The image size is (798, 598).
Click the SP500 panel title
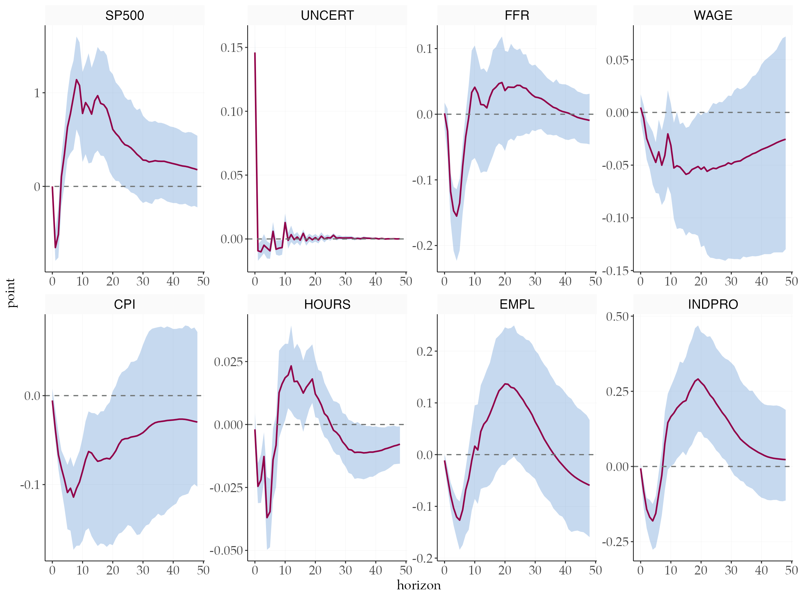pos(124,16)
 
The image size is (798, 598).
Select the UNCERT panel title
pos(327,16)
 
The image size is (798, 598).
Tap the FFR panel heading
pos(517,16)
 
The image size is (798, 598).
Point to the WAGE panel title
pos(713,16)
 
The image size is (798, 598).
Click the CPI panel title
pos(124,305)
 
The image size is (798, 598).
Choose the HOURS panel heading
pos(327,305)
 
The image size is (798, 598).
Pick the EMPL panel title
pos(517,305)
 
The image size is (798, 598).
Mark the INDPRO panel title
pos(713,305)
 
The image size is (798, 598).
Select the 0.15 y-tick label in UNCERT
pos(232,47)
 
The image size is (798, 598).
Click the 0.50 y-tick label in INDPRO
pos(617,317)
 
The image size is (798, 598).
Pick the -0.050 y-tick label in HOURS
pos(226,551)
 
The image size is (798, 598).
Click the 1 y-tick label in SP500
pos(37,93)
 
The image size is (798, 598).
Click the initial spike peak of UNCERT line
pos(255,53)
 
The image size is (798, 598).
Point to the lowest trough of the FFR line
pos(457,216)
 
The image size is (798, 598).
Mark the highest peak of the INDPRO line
pos(698,379)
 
